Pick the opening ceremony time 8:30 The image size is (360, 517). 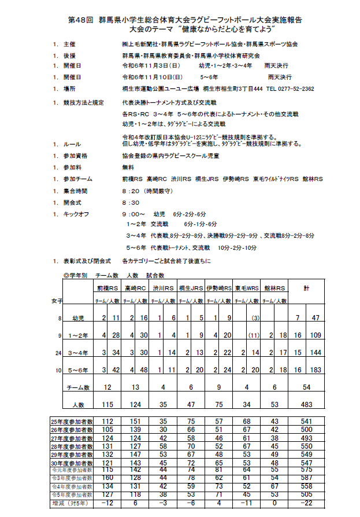click(x=131, y=203)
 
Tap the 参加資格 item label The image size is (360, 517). click(x=76, y=156)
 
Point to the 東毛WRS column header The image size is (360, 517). click(x=247, y=288)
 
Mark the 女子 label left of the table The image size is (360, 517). click(x=56, y=301)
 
